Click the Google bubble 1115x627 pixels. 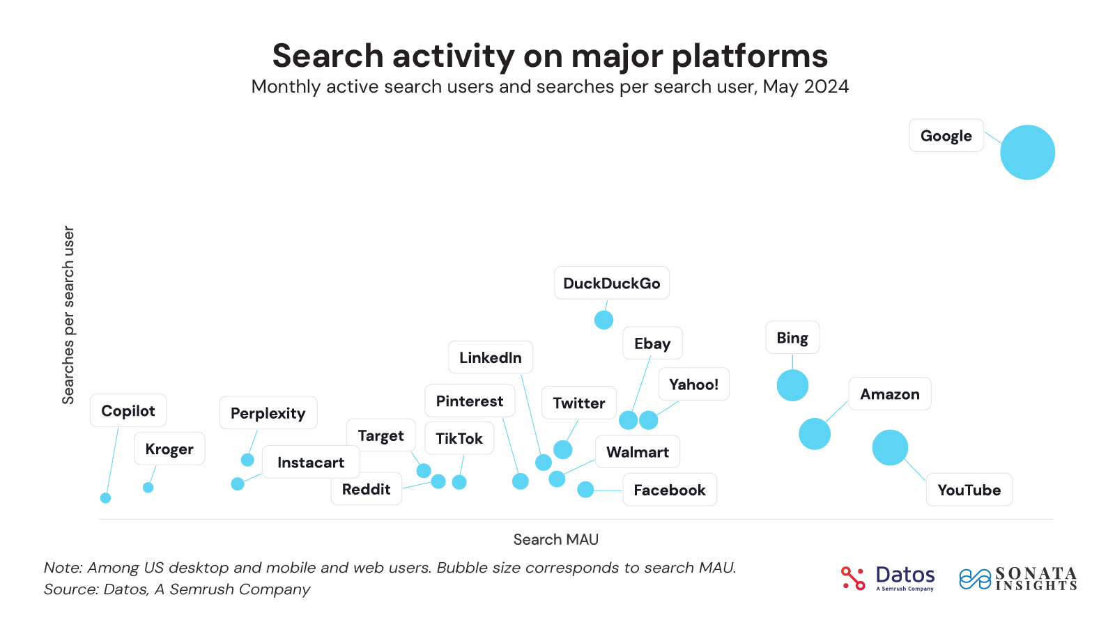(x=1027, y=153)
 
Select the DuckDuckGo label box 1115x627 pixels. (x=611, y=284)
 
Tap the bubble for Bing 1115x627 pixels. (x=792, y=385)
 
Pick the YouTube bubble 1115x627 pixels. (x=890, y=447)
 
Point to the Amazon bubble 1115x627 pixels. (x=814, y=434)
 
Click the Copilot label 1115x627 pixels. (x=128, y=411)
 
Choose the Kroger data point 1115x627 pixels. (x=148, y=488)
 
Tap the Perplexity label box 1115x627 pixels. (x=268, y=413)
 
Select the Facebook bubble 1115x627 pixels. (x=585, y=490)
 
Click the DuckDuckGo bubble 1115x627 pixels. (x=603, y=320)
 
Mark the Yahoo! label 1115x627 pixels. (x=693, y=385)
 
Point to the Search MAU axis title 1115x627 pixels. (x=555, y=539)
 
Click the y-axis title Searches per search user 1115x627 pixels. (x=68, y=315)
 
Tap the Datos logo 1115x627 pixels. (x=888, y=578)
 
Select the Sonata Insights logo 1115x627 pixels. (x=1018, y=578)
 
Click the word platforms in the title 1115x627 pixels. (x=749, y=56)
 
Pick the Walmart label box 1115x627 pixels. (x=638, y=452)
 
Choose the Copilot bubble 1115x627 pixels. (x=105, y=498)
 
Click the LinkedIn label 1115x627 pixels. (x=491, y=357)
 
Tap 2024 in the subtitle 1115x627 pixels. (x=826, y=87)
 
